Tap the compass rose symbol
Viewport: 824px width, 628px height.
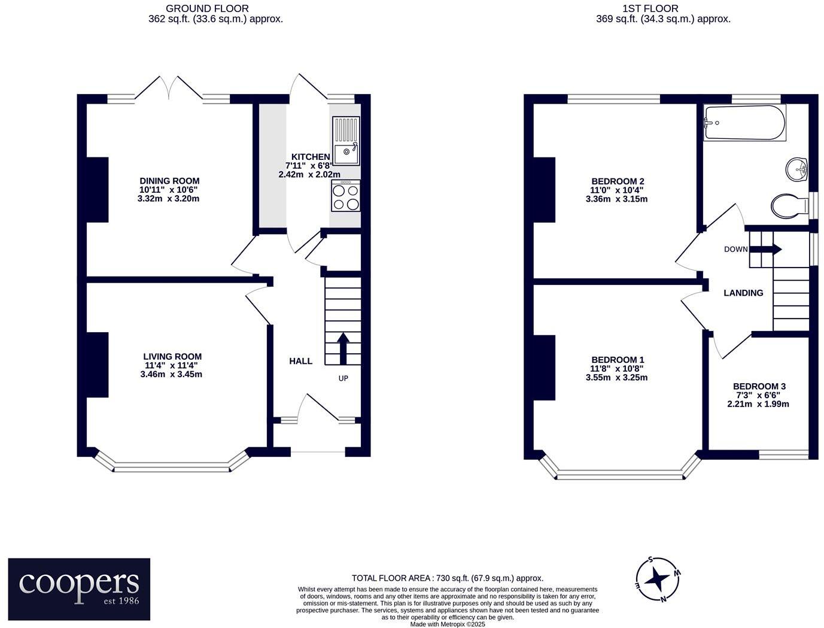point(658,579)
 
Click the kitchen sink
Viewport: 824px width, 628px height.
point(346,141)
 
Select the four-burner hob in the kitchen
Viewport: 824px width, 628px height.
point(346,196)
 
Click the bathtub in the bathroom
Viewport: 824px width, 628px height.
point(744,123)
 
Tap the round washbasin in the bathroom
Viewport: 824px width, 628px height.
point(796,169)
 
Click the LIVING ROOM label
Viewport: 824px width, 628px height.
point(172,357)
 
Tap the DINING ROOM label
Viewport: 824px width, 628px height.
point(169,181)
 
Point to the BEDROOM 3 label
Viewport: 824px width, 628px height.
point(759,387)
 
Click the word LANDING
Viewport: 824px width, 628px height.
point(743,293)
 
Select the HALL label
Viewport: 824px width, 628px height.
point(300,361)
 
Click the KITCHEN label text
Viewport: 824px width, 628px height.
point(311,157)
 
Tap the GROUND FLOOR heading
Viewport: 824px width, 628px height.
point(207,8)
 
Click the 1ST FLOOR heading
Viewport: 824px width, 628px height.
point(650,8)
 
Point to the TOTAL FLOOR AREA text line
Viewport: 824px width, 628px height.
point(447,578)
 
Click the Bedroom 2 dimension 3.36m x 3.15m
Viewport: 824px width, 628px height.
point(616,199)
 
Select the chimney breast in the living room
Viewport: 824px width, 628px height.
point(98,365)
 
